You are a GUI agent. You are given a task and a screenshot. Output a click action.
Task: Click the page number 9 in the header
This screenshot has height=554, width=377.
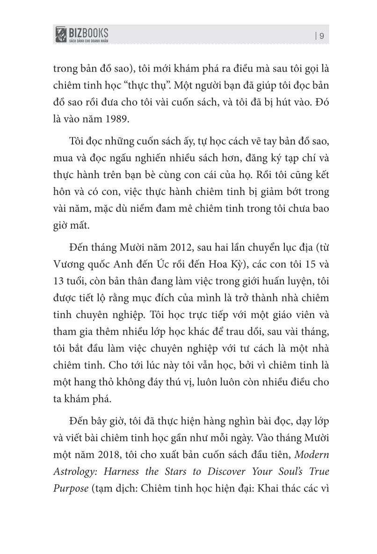pos(322,36)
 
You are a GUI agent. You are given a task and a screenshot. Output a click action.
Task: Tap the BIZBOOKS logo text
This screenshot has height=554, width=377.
pos(89,32)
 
